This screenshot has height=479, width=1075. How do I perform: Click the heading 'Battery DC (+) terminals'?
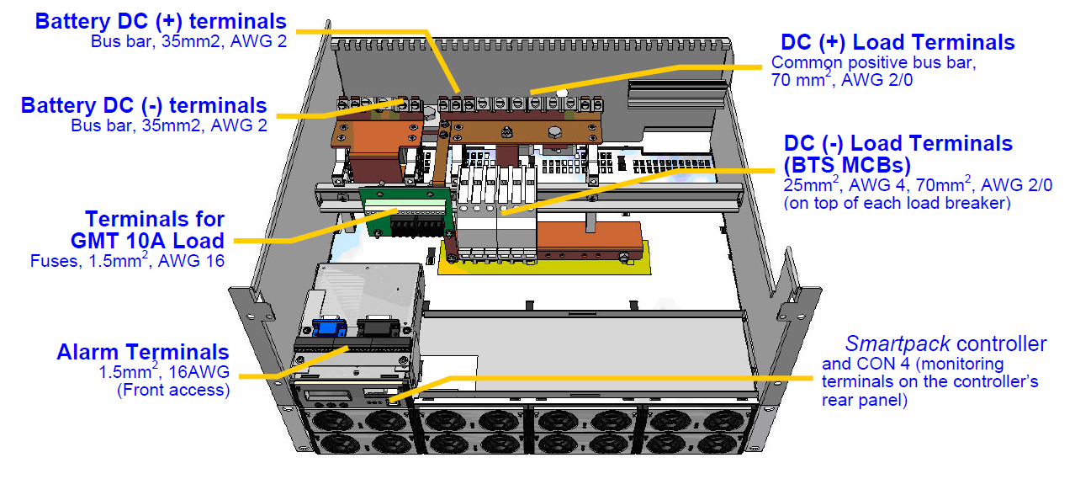click(x=161, y=21)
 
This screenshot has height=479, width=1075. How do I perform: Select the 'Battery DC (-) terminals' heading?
click(x=144, y=106)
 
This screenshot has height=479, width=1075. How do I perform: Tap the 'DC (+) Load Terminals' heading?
click(x=898, y=42)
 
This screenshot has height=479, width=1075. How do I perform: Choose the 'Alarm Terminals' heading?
click(x=142, y=352)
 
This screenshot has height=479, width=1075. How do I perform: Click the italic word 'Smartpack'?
click(x=898, y=343)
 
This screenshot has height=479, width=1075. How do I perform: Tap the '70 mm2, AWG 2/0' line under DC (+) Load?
click(x=841, y=81)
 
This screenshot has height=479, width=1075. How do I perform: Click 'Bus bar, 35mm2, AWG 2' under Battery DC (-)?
click(x=169, y=126)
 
